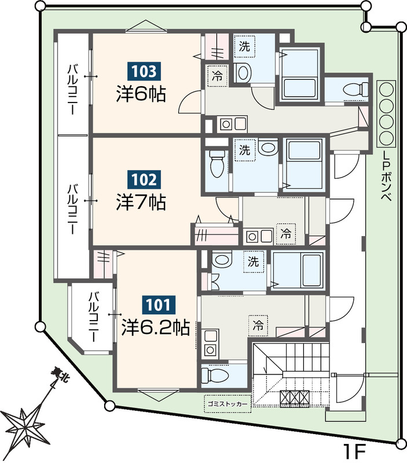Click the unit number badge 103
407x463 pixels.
pyautogui.click(x=144, y=71)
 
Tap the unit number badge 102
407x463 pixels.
pyautogui.click(x=144, y=179)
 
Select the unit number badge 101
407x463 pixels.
pyautogui.click(x=158, y=305)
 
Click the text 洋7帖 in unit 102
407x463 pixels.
pyautogui.click(x=141, y=202)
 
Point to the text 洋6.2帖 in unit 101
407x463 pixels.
pyautogui.click(x=156, y=327)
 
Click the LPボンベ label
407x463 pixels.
pyautogui.click(x=387, y=177)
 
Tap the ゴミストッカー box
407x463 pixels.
pyautogui.click(x=228, y=403)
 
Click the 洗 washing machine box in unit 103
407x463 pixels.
pyautogui.click(x=244, y=46)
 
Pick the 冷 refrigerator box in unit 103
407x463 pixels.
pyautogui.click(x=218, y=76)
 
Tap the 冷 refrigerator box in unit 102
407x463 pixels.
pyautogui.click(x=285, y=234)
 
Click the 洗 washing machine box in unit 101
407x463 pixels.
pyautogui.click(x=253, y=262)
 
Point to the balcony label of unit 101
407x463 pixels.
pyautogui.click(x=94, y=316)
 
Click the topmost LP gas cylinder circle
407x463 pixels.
pyautogui.click(x=387, y=89)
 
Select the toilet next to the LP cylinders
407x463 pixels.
pyautogui.click(x=357, y=89)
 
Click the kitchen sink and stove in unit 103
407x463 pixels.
pyautogui.click(x=232, y=124)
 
